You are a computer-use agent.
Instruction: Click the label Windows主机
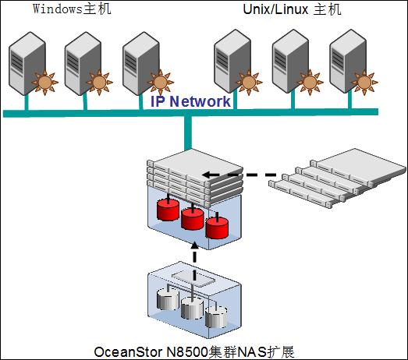click(72, 9)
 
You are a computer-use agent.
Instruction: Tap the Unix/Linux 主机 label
click(292, 9)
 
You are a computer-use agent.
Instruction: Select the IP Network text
click(190, 101)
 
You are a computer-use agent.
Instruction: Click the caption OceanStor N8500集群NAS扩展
click(194, 352)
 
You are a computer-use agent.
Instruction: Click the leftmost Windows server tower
click(27, 63)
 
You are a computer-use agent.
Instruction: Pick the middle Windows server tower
click(83, 63)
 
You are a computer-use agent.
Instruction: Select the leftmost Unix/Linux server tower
click(232, 61)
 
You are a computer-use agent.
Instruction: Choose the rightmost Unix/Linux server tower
click(348, 61)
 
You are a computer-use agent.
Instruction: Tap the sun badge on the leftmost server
click(45, 82)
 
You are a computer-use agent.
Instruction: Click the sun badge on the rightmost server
click(364, 82)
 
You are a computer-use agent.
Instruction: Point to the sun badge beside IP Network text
click(161, 82)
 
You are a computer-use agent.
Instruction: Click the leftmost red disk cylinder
click(168, 210)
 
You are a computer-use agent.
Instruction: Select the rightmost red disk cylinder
click(217, 228)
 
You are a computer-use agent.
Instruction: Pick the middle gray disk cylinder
click(192, 308)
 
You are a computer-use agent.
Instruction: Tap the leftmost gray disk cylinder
click(168, 299)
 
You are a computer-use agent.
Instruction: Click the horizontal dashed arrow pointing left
click(239, 175)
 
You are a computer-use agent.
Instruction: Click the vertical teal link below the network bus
click(187, 132)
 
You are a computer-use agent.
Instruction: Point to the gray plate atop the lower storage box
click(193, 279)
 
